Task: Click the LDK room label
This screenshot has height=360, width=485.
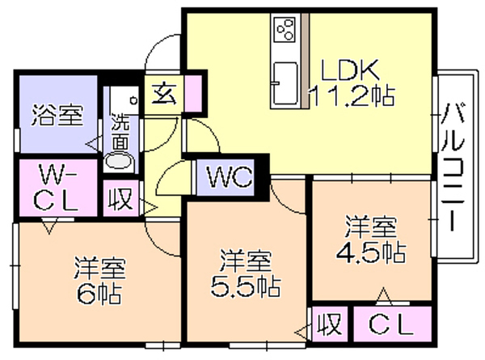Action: (x=350, y=70)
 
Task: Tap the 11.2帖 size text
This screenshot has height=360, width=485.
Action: (x=352, y=95)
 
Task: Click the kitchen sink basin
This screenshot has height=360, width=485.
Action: (x=285, y=83)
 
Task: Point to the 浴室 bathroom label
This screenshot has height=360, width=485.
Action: (x=58, y=115)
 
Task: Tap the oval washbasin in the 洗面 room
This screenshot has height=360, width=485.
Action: (x=119, y=160)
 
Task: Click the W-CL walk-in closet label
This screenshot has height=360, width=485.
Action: (x=56, y=188)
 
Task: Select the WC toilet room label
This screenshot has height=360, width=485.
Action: (x=230, y=177)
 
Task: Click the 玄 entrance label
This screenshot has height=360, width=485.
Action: (x=164, y=94)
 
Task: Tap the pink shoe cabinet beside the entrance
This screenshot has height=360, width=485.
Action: (x=193, y=92)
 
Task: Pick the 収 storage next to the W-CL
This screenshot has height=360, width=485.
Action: (x=120, y=198)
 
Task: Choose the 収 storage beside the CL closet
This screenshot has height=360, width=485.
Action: (x=331, y=324)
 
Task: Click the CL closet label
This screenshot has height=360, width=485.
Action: (x=391, y=325)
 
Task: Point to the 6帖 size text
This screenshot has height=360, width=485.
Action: (x=99, y=293)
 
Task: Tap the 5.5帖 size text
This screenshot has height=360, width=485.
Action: (x=245, y=286)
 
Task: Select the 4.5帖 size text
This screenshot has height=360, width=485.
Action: (x=371, y=252)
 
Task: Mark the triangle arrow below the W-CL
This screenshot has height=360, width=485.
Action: (x=49, y=226)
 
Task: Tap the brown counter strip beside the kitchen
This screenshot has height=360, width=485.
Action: (x=306, y=61)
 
